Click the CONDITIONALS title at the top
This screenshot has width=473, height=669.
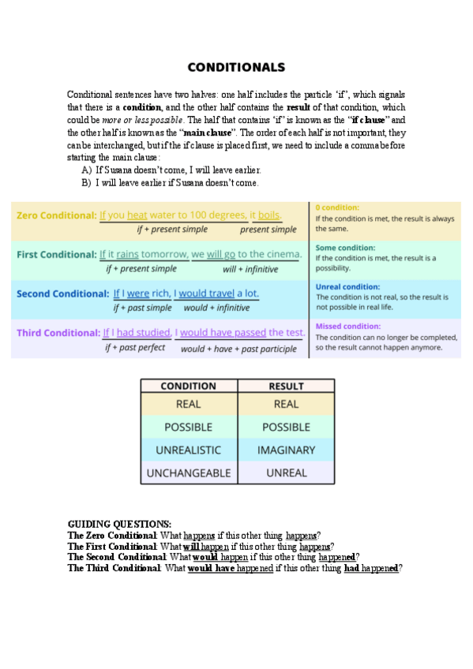point(236,67)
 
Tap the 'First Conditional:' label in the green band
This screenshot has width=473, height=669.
point(56,254)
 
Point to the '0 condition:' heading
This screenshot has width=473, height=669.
point(337,207)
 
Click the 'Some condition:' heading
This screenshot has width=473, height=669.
point(346,247)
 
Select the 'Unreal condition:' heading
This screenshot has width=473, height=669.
point(347,286)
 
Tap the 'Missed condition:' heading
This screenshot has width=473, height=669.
point(348,326)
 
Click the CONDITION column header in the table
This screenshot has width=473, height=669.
point(188,386)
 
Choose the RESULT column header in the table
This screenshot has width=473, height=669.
point(286,386)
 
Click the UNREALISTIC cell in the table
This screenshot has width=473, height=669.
point(188,450)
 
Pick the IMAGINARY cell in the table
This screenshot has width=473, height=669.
point(286,450)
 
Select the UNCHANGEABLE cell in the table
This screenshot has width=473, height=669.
point(188,473)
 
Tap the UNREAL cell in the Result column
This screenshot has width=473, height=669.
point(286,473)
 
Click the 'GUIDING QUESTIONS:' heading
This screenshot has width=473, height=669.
point(119,524)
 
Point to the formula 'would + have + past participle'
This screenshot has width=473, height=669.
point(238,348)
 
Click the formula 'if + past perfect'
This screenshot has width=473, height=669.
point(135,347)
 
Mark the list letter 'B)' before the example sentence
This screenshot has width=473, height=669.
point(86,183)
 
